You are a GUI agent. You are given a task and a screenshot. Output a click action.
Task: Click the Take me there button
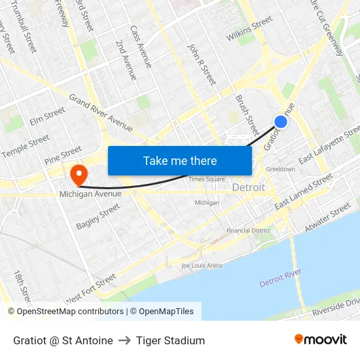tap(180, 160)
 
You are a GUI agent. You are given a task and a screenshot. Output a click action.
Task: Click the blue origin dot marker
tap(281, 122)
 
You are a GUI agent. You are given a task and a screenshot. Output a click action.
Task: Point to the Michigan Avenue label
tap(90, 194)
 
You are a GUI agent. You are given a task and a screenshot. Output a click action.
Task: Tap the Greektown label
tap(280, 169)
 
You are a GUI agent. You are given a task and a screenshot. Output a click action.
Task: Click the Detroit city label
tap(249, 187)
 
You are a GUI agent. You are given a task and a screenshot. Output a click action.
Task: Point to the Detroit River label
tap(280, 278)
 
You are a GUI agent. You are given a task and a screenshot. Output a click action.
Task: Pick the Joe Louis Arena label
tap(202, 265)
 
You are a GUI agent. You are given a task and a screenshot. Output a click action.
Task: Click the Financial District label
tap(248, 230)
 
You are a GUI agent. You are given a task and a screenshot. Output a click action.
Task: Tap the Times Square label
tap(206, 179)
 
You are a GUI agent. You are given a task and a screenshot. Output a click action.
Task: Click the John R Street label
tap(202, 64)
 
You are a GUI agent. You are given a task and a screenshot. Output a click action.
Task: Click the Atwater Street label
tap(328, 217)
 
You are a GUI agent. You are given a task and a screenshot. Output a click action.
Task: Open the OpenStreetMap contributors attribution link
tap(65, 312)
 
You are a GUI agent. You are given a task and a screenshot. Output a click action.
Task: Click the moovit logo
tap(320, 340)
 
